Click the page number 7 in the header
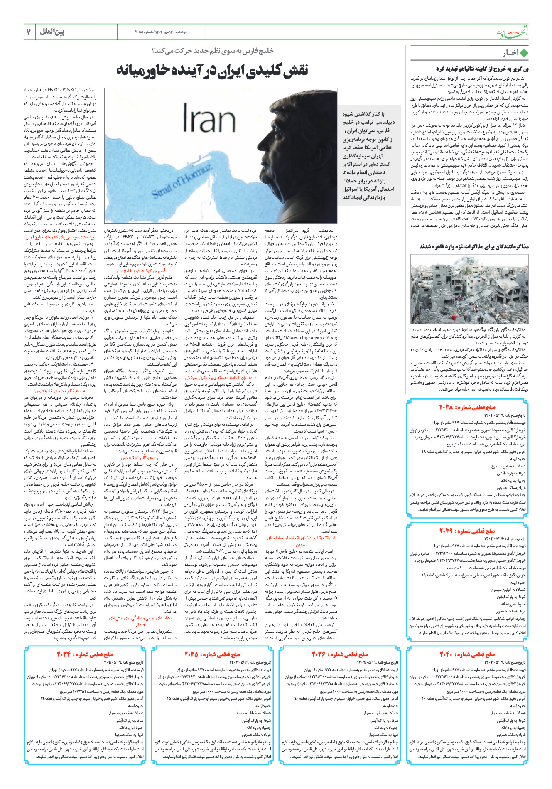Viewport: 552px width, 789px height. [x=28, y=32]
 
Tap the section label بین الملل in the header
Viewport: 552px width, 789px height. [x=52, y=32]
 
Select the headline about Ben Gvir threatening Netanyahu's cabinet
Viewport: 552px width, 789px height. [x=482, y=69]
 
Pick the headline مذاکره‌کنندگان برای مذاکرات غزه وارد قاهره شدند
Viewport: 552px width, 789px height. [x=473, y=247]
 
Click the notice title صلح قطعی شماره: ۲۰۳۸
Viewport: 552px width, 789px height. [x=467, y=407]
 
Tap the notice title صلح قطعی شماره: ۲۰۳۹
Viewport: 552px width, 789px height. [x=467, y=531]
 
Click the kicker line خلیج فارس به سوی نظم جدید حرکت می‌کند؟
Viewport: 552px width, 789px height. [x=213, y=51]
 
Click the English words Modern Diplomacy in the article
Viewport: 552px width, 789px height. [x=302, y=338]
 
